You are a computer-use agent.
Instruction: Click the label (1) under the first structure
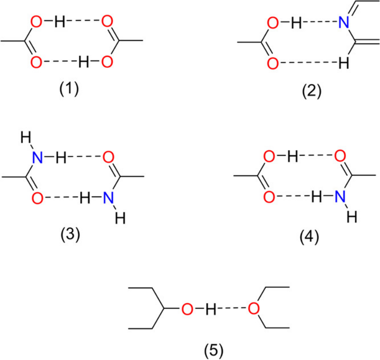tap(69, 89)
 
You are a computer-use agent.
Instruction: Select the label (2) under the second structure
tap(312, 91)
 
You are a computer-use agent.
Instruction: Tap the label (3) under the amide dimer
tap(70, 234)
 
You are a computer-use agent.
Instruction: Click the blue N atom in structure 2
tap(344, 22)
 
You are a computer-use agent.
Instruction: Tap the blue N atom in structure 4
tap(340, 196)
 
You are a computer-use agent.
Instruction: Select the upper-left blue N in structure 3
tap(38, 158)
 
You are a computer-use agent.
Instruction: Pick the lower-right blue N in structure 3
tap(109, 198)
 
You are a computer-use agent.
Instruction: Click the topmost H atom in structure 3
tap(26, 137)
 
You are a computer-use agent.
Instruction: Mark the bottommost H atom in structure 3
tap(120, 218)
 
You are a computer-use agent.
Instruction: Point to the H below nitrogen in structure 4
tap(352, 217)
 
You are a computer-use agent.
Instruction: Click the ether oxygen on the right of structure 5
tap(254, 308)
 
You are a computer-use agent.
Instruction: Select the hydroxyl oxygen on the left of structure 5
tap(187, 309)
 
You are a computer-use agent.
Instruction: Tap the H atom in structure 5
tap(210, 309)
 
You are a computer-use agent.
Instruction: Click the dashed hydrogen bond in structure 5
tap(232, 308)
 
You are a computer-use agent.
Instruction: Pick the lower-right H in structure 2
tap(344, 63)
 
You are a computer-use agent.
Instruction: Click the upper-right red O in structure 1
tap(107, 21)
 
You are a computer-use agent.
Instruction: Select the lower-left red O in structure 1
tap(36, 62)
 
